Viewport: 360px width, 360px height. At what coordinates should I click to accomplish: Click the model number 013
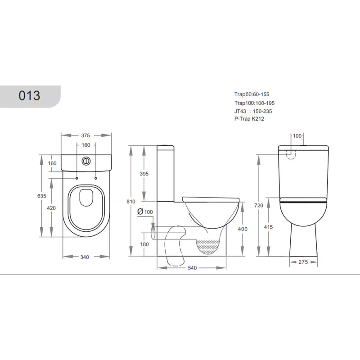tap(30, 95)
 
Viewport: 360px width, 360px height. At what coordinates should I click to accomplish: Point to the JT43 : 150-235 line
tap(253, 111)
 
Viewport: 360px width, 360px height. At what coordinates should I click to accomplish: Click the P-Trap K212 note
tap(250, 119)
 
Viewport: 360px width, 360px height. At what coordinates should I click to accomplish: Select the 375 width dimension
tap(86, 135)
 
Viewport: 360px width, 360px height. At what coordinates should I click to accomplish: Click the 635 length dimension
tap(41, 196)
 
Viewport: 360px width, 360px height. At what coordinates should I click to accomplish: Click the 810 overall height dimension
tap(131, 202)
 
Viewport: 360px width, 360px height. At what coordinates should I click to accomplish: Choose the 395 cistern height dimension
tap(144, 174)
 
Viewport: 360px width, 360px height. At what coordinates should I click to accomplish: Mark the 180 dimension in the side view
tap(144, 244)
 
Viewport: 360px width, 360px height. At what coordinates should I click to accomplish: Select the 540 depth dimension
tap(192, 268)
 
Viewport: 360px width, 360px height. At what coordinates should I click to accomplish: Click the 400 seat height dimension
tap(242, 229)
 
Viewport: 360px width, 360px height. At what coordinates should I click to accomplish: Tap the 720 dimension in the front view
tap(258, 206)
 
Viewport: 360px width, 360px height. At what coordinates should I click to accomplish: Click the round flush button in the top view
tap(86, 160)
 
